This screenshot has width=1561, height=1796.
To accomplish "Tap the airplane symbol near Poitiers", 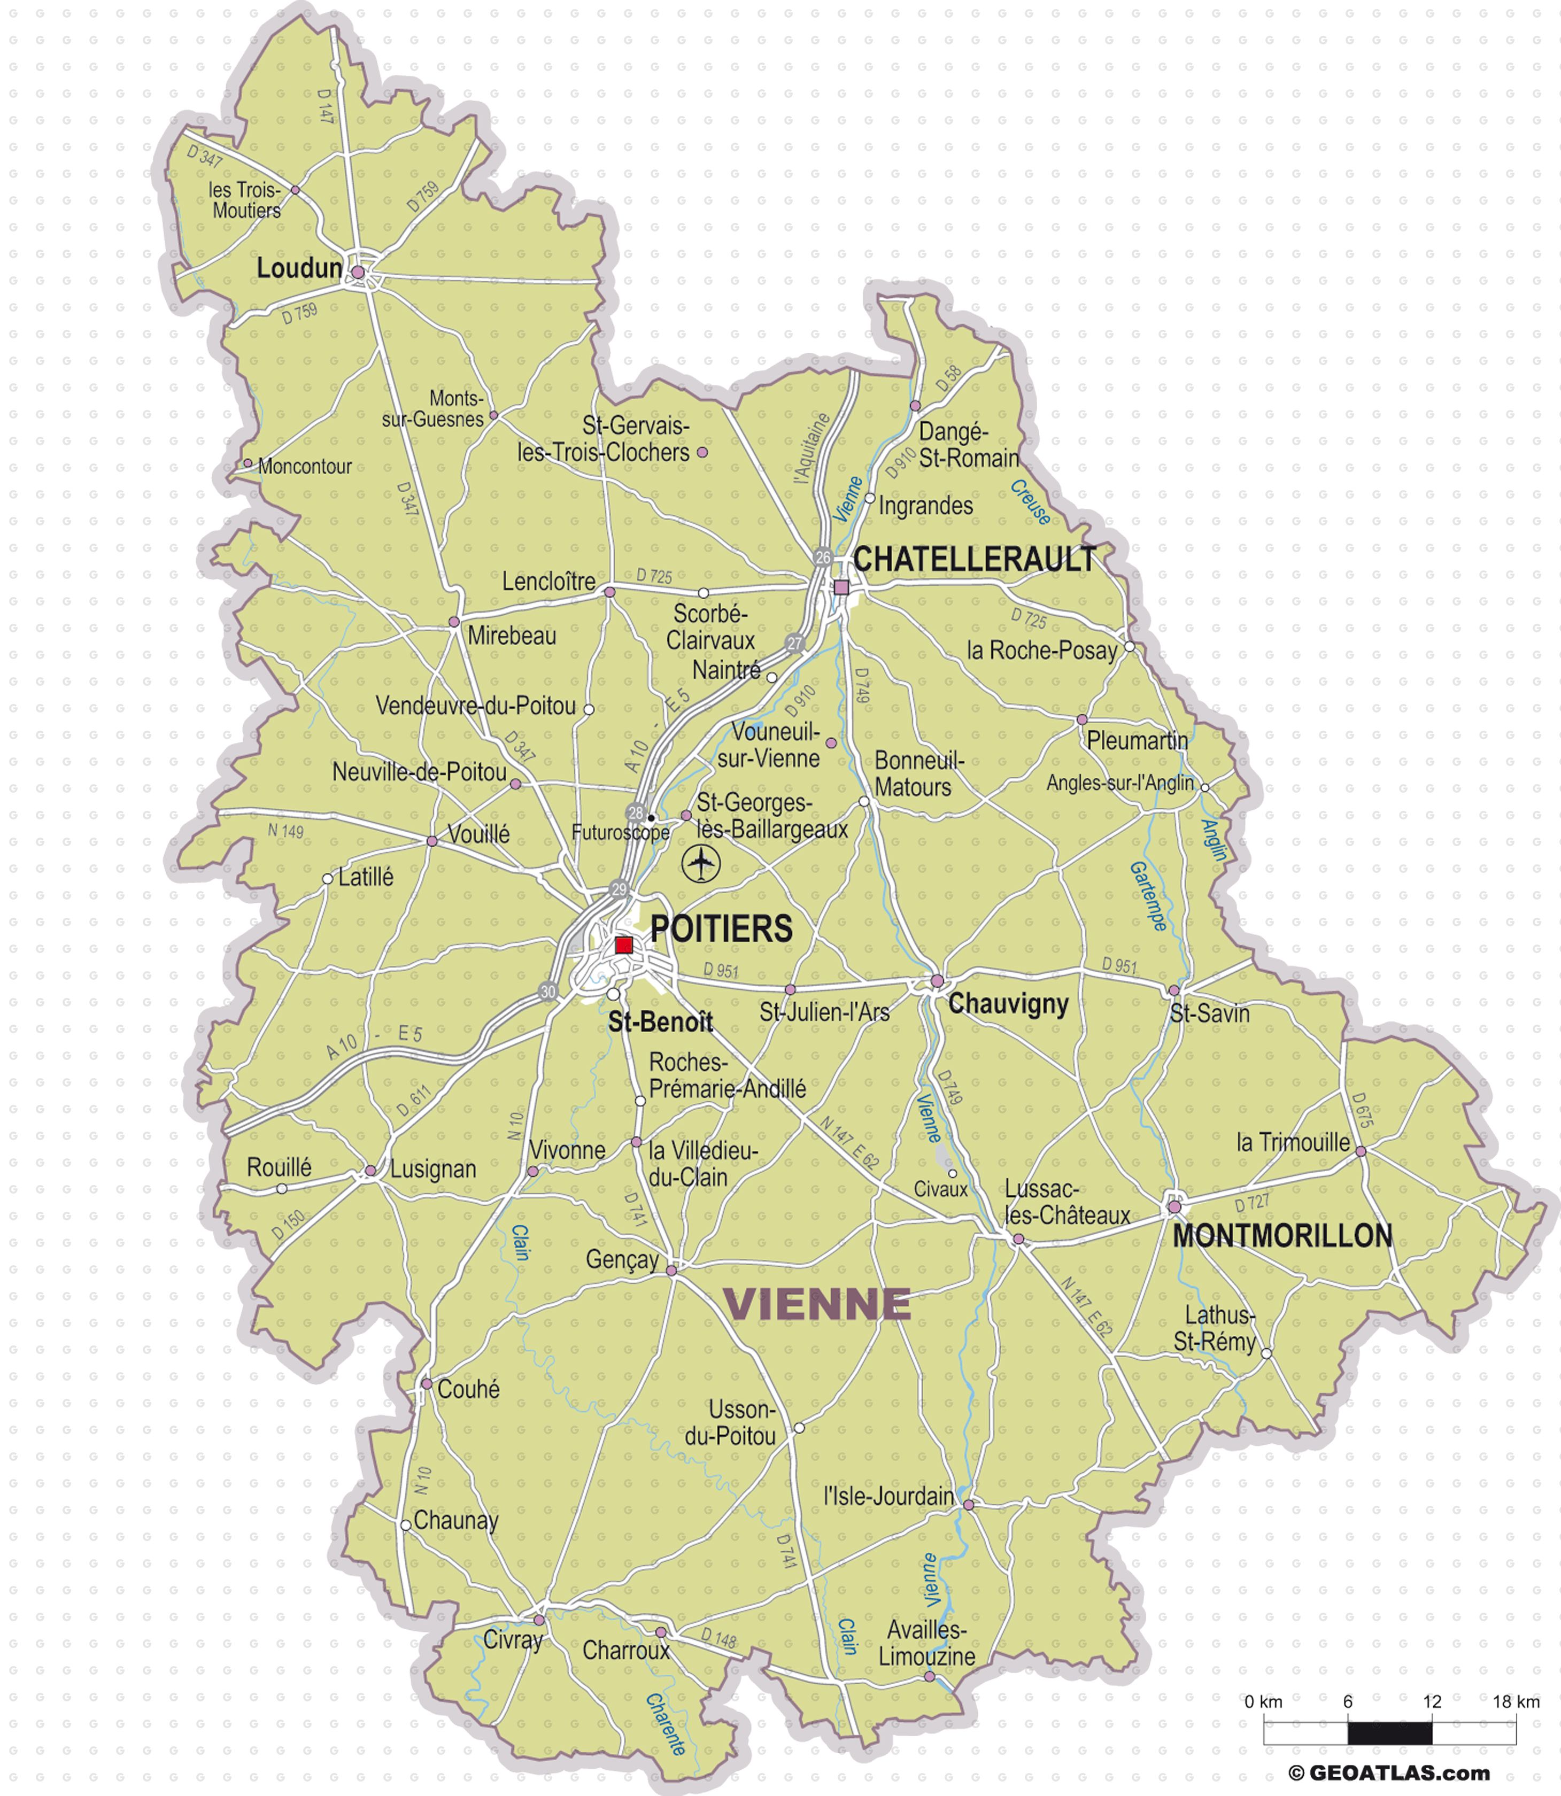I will [x=702, y=863].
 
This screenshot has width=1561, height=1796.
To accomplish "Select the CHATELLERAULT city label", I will [x=974, y=559].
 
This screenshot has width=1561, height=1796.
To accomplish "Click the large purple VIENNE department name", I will [x=817, y=1304].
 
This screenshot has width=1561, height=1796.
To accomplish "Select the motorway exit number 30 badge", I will [x=548, y=991].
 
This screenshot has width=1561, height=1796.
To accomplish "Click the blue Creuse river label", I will [x=1031, y=502].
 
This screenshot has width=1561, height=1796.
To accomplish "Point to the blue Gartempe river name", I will [x=1149, y=896].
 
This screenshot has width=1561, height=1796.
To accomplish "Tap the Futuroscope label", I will [x=620, y=833].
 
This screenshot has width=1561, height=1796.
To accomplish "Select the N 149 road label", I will [x=285, y=831].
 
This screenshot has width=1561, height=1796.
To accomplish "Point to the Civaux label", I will [x=941, y=1189].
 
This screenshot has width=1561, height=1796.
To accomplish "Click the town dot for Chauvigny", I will [x=937, y=981].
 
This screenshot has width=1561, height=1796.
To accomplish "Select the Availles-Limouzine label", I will [x=927, y=1643].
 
